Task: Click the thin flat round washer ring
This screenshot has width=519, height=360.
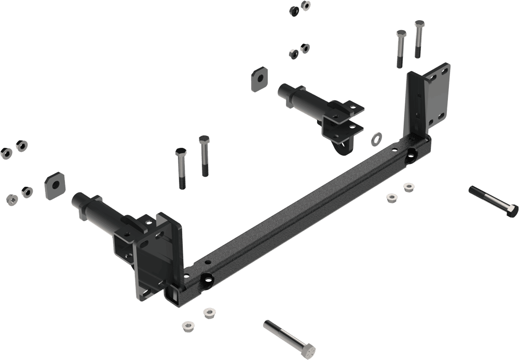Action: tap(376, 139)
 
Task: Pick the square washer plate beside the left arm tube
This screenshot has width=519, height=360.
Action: tap(53, 184)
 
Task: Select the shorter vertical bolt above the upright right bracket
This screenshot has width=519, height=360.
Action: tap(400, 49)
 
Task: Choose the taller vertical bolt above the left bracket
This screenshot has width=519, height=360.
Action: tap(204, 156)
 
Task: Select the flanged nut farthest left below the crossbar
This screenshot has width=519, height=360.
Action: tap(187, 327)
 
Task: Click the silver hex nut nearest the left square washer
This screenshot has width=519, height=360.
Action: tap(24, 190)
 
